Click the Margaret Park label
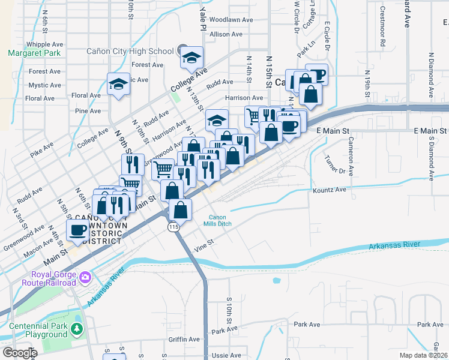tap(35, 53)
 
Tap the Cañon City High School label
tap(130, 52)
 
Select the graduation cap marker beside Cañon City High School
tap(191, 58)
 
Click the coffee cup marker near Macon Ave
tap(77, 229)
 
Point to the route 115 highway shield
tap(173, 227)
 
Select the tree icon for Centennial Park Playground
tap(76, 329)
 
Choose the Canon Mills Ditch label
tap(220, 221)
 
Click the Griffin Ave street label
tap(185, 339)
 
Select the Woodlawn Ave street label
tap(232, 20)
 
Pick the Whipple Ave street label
tap(45, 44)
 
